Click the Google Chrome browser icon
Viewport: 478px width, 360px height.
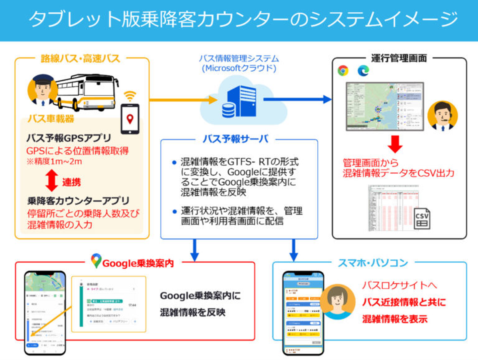pos(343,70)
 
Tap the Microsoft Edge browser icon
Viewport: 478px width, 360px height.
pos(363,70)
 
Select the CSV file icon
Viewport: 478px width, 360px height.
pos(422,218)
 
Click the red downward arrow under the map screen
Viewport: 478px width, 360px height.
pos(395,144)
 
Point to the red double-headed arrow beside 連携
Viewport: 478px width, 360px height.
pos(52,181)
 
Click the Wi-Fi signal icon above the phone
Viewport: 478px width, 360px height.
pos(130,96)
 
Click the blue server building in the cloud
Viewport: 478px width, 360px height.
pos(242,101)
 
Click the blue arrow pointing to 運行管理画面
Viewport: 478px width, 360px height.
pos(297,99)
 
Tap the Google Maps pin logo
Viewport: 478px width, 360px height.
pos(96,261)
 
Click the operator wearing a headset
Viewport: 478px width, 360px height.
pos(442,116)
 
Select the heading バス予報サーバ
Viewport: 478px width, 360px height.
pos(235,139)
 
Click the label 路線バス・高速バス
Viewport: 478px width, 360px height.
pos(80,58)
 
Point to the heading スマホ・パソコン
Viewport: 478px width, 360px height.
pos(373,263)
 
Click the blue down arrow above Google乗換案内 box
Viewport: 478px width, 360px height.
pos(195,250)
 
